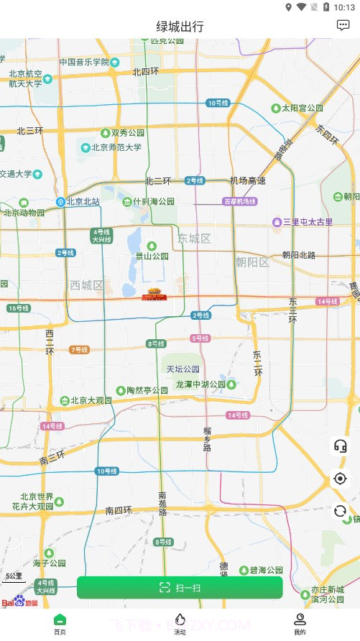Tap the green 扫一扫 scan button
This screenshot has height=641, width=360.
180,587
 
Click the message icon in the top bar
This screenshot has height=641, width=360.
343,25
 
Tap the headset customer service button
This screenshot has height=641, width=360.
340,446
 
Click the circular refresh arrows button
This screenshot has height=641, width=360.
340,511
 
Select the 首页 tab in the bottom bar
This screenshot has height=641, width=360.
60,624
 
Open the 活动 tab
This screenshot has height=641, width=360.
180,624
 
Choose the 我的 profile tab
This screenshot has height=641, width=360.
300,624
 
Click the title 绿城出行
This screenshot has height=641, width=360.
180,27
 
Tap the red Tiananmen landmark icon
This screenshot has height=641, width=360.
153,294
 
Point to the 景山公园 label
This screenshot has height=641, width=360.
152,256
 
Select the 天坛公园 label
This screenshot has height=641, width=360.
183,369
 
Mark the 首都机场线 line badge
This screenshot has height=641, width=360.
240,201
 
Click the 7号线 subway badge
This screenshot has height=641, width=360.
80,350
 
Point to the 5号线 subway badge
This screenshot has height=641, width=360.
200,338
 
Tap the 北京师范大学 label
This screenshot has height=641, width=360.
115,147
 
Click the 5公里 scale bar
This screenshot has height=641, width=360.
14,576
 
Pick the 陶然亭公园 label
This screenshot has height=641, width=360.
146,390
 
